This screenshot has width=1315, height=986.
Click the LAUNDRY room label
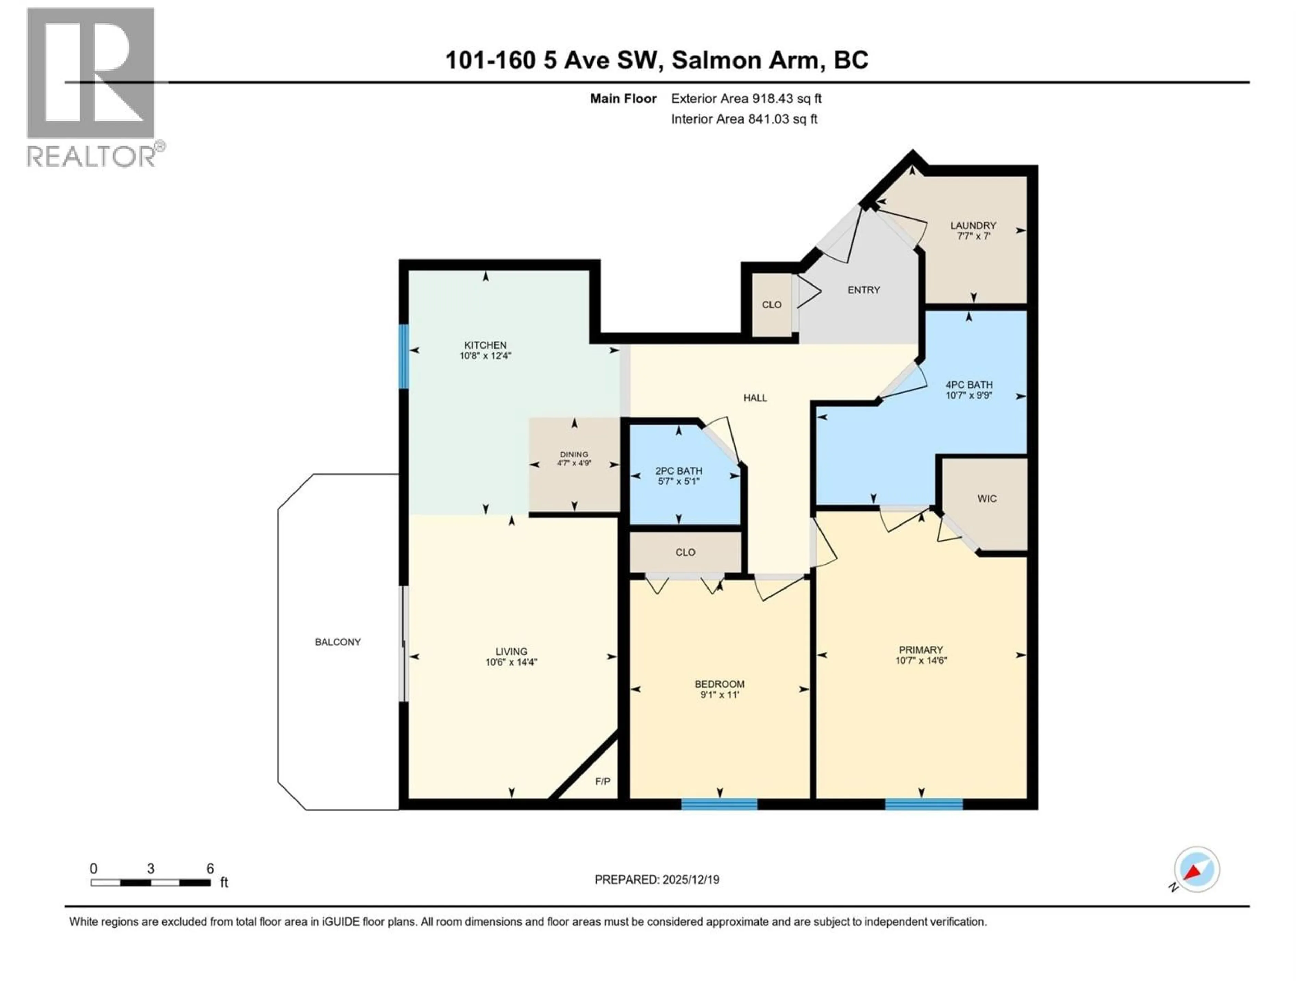973,225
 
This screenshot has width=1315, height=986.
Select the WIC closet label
987,498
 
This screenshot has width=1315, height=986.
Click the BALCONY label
338,642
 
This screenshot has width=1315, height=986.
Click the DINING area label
574,454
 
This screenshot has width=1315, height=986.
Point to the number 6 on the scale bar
210,868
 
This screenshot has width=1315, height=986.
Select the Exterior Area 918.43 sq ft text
746,99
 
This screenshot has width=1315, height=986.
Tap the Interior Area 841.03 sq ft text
744,119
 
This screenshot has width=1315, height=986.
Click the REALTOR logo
91,87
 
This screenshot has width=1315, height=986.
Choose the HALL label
755,397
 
